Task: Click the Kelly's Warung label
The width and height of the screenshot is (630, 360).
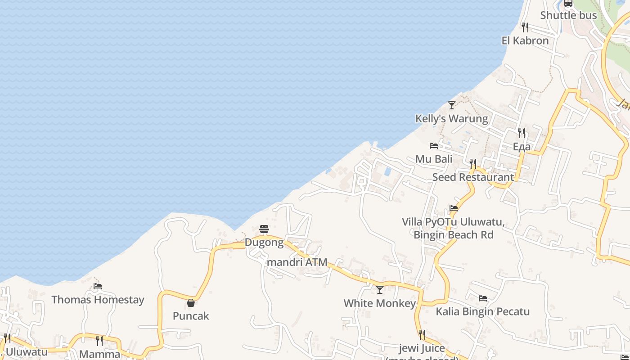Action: click(x=451, y=119)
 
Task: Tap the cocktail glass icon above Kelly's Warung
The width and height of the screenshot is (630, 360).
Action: click(x=452, y=105)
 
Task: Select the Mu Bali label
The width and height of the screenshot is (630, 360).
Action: click(x=434, y=159)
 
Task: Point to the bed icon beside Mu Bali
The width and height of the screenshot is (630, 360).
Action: click(x=434, y=146)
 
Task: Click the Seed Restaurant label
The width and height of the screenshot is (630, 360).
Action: click(x=473, y=177)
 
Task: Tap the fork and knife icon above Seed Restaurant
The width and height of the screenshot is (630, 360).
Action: click(x=473, y=164)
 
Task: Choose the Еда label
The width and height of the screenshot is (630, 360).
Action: click(x=522, y=147)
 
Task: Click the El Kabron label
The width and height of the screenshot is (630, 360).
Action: click(x=525, y=40)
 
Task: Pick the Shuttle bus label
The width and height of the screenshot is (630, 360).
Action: click(x=568, y=15)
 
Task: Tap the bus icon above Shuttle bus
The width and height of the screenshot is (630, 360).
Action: click(x=568, y=3)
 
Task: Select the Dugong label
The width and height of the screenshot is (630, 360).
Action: click(x=264, y=243)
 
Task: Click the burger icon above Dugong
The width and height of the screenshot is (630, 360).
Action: click(x=264, y=229)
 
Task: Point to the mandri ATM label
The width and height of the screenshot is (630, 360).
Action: click(x=297, y=262)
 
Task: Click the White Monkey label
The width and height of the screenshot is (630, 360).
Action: click(x=379, y=303)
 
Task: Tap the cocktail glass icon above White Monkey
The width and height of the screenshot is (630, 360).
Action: click(x=380, y=290)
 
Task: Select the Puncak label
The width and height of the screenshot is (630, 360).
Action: click(x=191, y=316)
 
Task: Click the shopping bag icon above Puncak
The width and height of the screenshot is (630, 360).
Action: click(x=191, y=303)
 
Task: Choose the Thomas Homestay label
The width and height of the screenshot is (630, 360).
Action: click(x=98, y=300)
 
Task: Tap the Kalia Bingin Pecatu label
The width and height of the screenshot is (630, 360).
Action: click(x=482, y=311)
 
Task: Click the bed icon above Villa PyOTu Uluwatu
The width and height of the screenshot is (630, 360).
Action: click(x=454, y=208)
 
